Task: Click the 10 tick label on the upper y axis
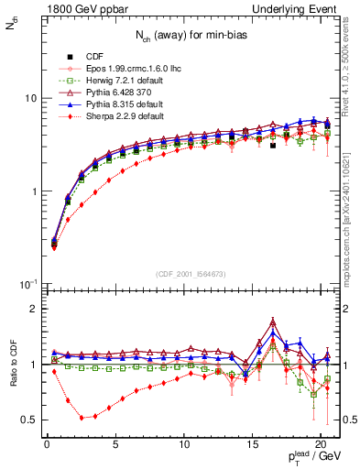29,98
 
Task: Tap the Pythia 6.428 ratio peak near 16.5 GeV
273,322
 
